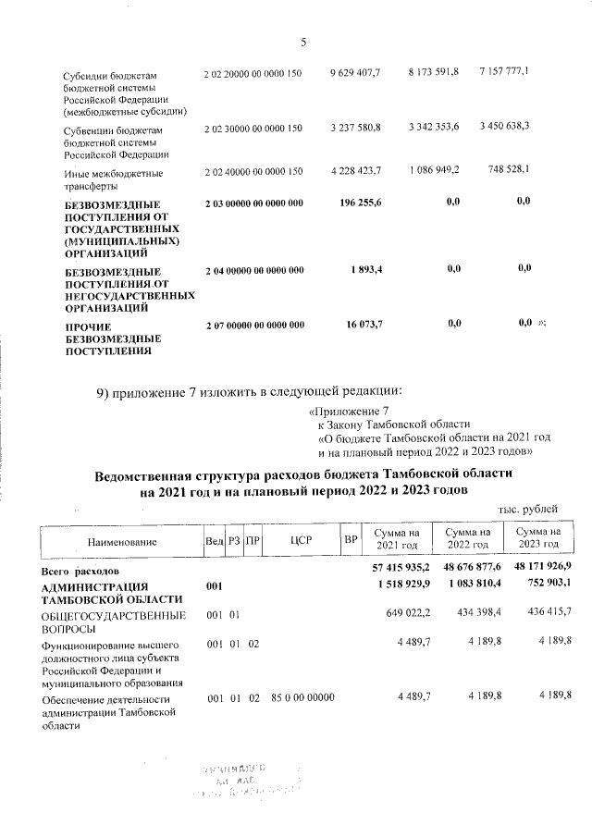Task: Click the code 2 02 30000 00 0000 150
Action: [253, 129]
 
